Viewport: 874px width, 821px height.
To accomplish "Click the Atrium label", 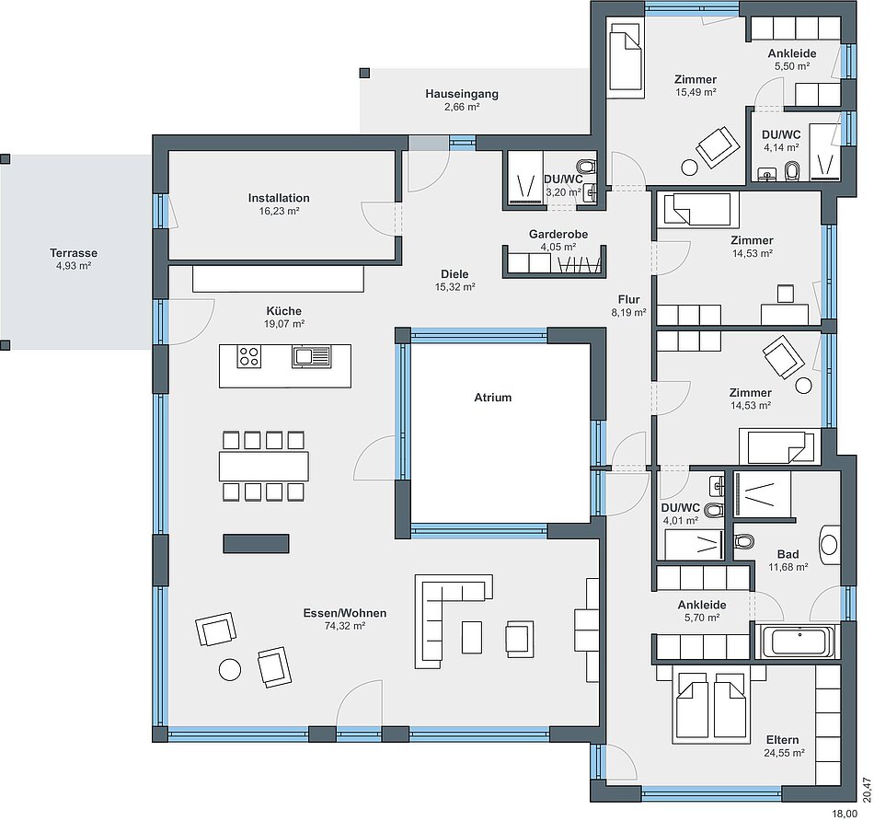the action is tap(493, 398).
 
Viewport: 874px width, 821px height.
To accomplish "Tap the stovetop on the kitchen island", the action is tap(248, 356).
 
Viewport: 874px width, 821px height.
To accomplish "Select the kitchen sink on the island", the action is tap(312, 357).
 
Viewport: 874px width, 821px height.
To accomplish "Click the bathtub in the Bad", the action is tap(799, 642).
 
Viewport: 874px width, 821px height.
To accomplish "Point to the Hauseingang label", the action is tap(462, 94).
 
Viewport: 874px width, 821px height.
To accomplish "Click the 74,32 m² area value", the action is tap(344, 626).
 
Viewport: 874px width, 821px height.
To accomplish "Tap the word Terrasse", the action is tap(74, 253).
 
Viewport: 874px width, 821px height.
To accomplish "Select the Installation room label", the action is tap(279, 198).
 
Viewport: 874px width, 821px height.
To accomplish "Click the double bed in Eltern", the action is tap(710, 704).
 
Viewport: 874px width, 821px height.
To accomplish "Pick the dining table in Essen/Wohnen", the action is tap(264, 467).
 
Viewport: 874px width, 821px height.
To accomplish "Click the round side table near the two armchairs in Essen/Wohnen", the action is tap(230, 670).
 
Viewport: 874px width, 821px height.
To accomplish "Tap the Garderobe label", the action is tap(558, 235).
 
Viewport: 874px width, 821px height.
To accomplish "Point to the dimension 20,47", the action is tap(867, 789).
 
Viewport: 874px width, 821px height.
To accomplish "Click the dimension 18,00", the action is tap(845, 814).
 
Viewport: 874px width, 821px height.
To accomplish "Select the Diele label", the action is tap(454, 274).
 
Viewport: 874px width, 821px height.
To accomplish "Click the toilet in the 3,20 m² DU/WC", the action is tap(586, 167).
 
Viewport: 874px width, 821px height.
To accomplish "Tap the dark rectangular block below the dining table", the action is tap(257, 544).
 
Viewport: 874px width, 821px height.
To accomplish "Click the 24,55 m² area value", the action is tap(784, 753).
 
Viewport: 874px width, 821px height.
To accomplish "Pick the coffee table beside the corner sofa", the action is tap(472, 637).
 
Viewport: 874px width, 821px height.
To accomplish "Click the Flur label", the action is tap(628, 299).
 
